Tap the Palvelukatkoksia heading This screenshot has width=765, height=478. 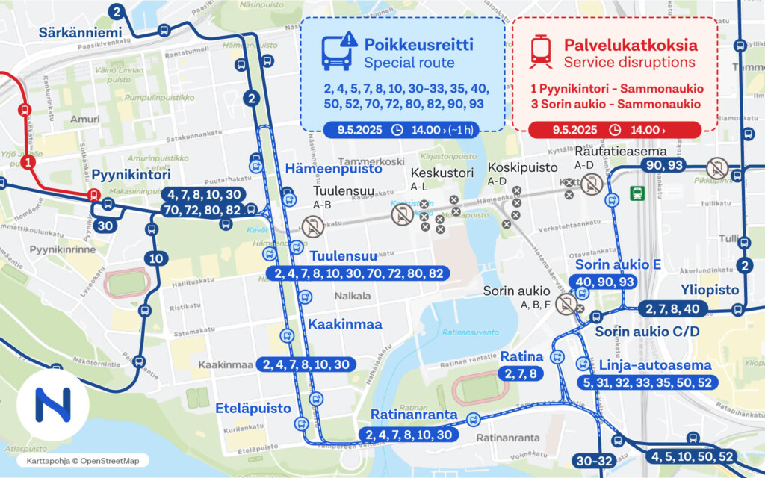(x=631, y=44)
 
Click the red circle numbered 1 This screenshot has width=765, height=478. (x=28, y=161)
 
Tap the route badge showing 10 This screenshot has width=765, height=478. (x=155, y=258)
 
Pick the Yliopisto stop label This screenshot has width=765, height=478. (x=709, y=290)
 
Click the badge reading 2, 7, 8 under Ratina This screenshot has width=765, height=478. (x=521, y=373)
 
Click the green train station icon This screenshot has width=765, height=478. (x=637, y=193)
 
